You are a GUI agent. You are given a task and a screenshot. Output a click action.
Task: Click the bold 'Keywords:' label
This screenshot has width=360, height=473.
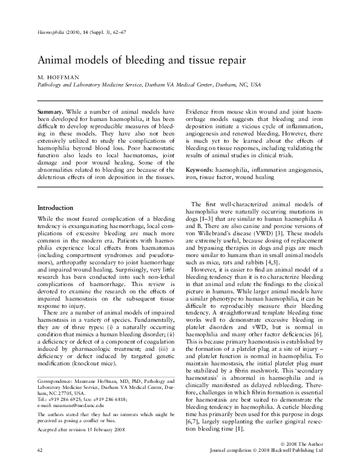pos(202,170)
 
